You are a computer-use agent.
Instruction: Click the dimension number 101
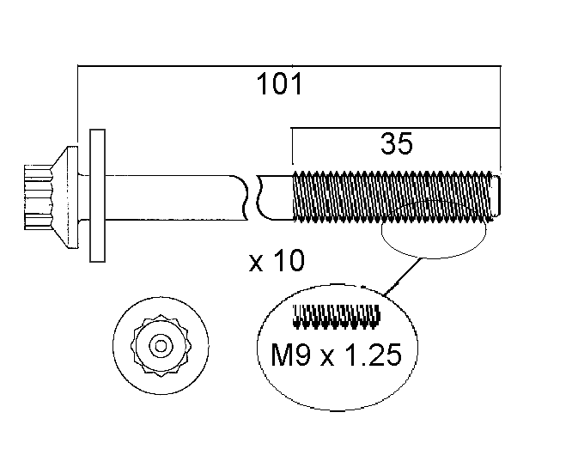[x=279, y=84]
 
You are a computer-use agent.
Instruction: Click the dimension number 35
[x=397, y=143]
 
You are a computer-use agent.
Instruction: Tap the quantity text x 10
[x=277, y=260]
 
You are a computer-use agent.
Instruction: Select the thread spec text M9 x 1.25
[x=336, y=355]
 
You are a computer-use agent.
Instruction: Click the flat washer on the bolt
[x=97, y=196]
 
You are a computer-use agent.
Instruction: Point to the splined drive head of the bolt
[x=39, y=197]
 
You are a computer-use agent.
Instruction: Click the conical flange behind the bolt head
[x=65, y=197]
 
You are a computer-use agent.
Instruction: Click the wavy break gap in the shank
[x=252, y=197]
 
